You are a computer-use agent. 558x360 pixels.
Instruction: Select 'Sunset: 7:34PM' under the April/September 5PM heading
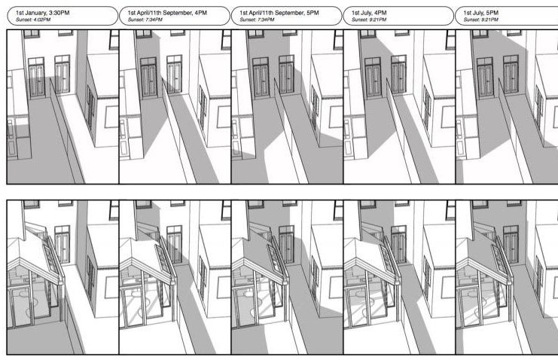click(x=257, y=20)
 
